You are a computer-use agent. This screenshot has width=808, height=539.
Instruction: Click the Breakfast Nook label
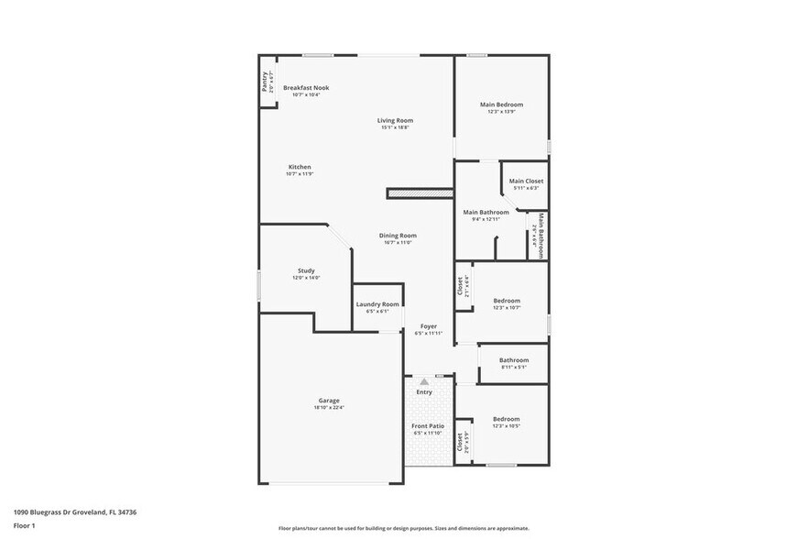(x=306, y=88)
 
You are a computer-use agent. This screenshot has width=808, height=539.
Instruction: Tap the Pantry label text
(x=265, y=82)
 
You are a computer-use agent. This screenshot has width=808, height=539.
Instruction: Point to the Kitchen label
(x=299, y=167)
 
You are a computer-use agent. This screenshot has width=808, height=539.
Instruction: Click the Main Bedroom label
(x=502, y=104)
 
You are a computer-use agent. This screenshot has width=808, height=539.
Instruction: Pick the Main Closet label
(x=526, y=181)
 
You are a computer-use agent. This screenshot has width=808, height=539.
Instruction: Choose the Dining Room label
(x=398, y=236)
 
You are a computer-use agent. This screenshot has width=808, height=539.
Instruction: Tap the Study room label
(x=306, y=270)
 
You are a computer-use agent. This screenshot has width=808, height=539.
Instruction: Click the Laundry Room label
(x=377, y=304)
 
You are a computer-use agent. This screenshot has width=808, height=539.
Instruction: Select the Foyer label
(x=428, y=326)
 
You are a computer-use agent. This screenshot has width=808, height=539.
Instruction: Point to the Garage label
(x=329, y=401)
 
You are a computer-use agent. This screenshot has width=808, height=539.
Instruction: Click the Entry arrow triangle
(x=424, y=380)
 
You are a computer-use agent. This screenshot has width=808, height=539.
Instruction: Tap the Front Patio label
(x=427, y=426)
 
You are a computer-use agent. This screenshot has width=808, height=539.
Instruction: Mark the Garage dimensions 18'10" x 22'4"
(x=329, y=407)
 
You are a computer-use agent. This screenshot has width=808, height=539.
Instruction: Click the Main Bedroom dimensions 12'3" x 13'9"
(x=502, y=112)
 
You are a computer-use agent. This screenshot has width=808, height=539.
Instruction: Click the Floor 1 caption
(x=25, y=525)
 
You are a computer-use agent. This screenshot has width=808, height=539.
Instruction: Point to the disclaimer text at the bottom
(x=403, y=528)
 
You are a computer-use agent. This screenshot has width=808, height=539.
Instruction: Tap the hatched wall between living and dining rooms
(x=420, y=193)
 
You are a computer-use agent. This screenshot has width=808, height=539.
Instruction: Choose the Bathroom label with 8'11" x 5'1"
(x=514, y=360)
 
